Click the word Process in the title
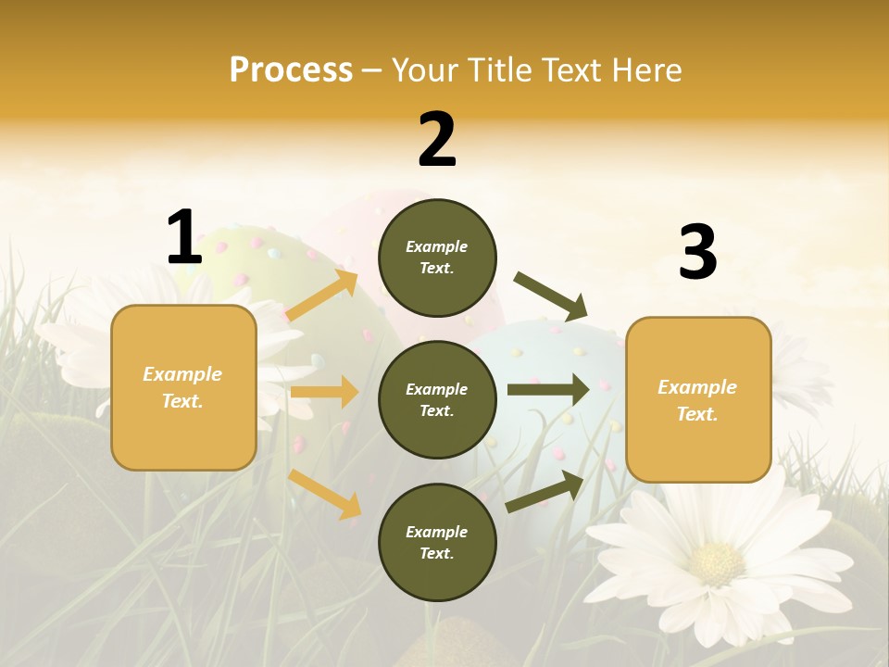[x=291, y=69]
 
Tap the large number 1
[x=184, y=238]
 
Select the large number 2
[x=437, y=141]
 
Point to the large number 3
[x=697, y=253]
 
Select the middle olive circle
[x=437, y=399]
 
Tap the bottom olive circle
[x=437, y=542]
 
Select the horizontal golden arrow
[x=324, y=392]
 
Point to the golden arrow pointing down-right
[x=325, y=495]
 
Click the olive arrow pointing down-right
[x=550, y=296]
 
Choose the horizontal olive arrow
[x=548, y=390]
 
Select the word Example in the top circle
[x=436, y=246]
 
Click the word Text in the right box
[x=696, y=414]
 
